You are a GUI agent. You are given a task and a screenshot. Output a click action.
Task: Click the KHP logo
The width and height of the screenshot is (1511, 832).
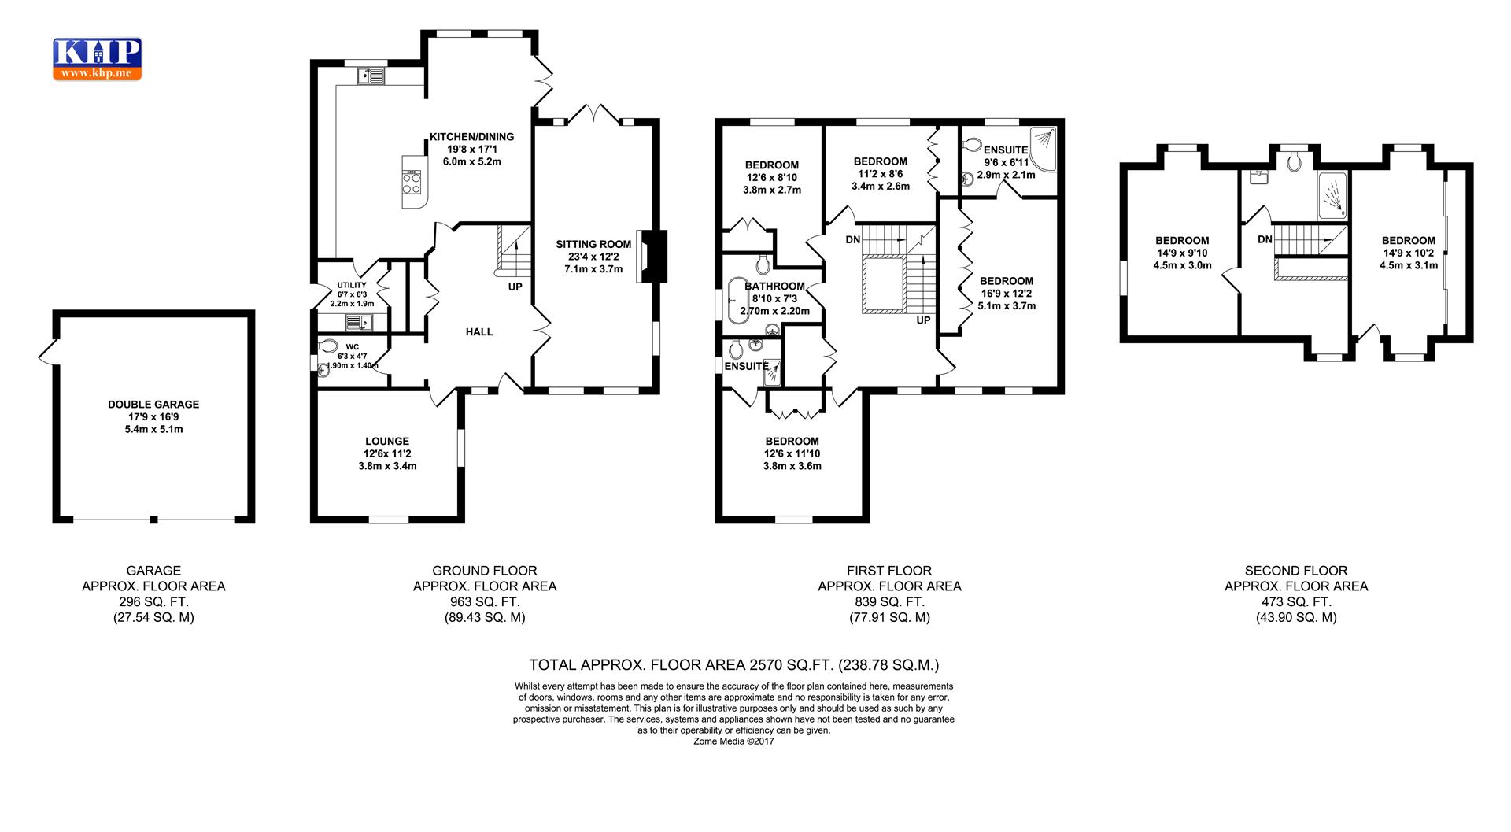98,58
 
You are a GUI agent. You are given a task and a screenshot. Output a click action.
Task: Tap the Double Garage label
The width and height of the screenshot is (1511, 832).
153,405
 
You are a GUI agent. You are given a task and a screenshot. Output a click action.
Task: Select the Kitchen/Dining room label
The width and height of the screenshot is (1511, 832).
472,137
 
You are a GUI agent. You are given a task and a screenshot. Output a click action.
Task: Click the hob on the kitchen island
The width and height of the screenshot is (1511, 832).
412,182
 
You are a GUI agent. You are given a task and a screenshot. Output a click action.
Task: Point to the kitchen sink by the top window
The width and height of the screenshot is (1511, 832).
371,76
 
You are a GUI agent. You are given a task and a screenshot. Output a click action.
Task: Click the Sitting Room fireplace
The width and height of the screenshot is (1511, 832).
652,256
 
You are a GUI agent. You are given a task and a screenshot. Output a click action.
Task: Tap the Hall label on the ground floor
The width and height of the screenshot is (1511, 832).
479,332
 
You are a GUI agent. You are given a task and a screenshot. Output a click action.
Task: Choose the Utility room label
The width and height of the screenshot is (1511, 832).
352,285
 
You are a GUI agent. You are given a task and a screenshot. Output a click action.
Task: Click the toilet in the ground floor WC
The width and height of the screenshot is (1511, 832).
327,346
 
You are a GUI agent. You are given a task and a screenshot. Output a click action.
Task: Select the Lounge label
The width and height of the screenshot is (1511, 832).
387,442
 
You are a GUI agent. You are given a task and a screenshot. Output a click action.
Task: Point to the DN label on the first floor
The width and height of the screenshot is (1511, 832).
853,239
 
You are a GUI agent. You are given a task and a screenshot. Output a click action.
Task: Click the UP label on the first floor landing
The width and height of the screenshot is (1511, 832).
924,320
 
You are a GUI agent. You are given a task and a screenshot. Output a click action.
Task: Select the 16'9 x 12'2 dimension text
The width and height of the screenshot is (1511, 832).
1007,294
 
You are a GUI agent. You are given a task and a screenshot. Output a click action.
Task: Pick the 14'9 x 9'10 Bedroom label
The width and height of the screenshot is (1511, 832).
1182,241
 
